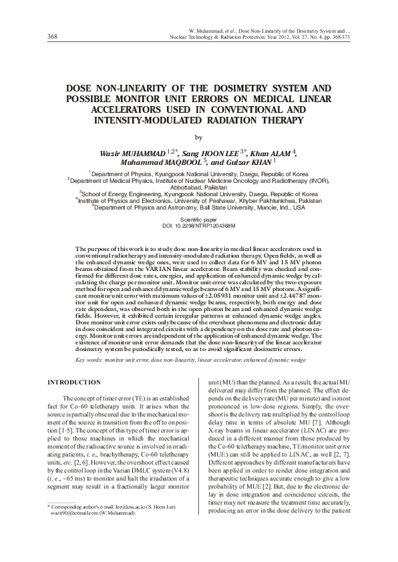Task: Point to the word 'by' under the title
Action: pos(197,138)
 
